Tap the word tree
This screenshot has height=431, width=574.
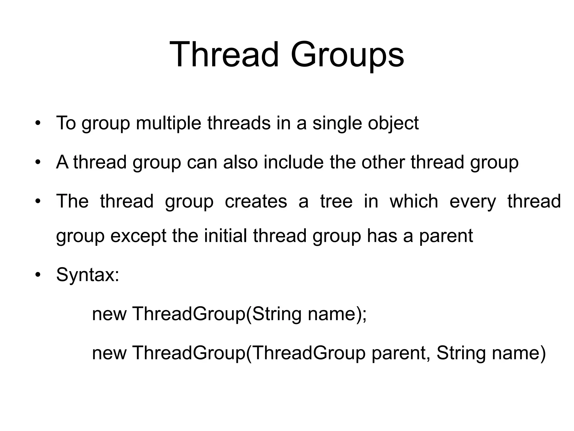click(336, 201)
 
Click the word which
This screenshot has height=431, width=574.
click(414, 201)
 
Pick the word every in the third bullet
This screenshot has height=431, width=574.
click(473, 201)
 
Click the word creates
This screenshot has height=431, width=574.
click(256, 201)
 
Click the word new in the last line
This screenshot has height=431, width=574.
click(109, 353)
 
